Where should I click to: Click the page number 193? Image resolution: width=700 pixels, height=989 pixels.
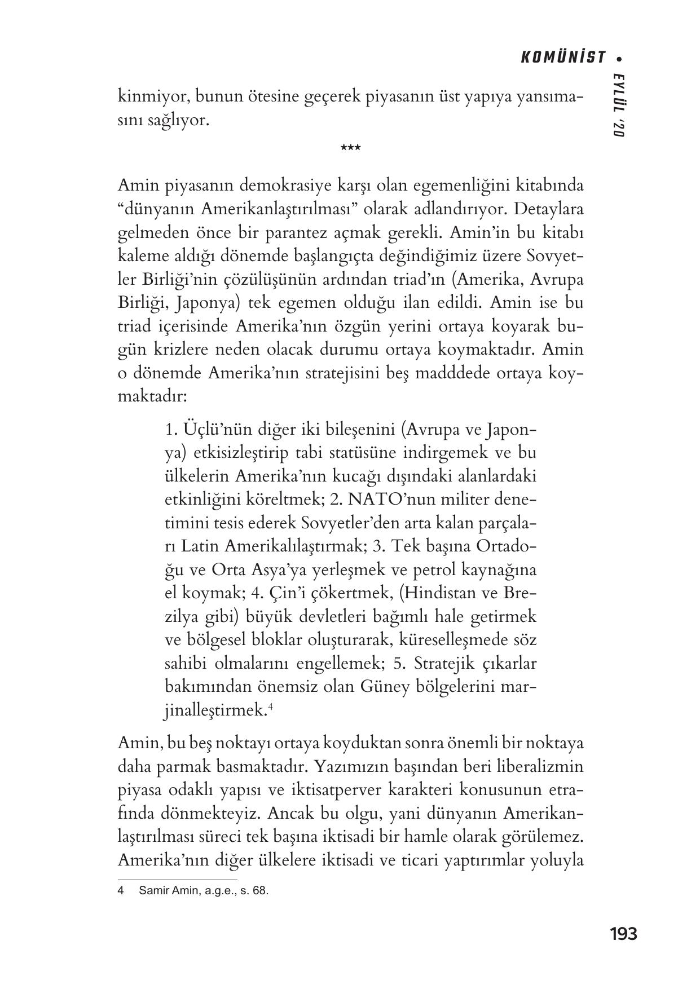(623, 934)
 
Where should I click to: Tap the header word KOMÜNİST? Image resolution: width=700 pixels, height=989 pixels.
(562, 58)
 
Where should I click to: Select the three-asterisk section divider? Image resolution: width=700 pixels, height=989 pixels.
(350, 149)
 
